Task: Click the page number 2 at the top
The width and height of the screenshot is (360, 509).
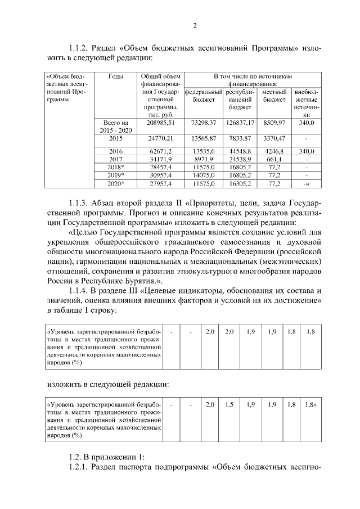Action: pyautogui.click(x=195, y=25)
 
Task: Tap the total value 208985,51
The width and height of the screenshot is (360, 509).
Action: pyautogui.click(x=161, y=122)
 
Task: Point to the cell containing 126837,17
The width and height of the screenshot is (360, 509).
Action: pyautogui.click(x=241, y=122)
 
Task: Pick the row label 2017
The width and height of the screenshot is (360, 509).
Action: pyautogui.click(x=116, y=159)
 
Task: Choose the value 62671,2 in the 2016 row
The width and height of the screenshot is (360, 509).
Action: pyautogui.click(x=161, y=151)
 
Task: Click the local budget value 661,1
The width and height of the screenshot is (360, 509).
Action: pyautogui.click(x=274, y=159)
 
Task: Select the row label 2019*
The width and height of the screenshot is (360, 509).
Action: pyautogui.click(x=116, y=175)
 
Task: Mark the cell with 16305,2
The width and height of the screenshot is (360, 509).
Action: pyautogui.click(x=241, y=183)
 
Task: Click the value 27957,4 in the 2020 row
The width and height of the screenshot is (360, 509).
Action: pyautogui.click(x=161, y=183)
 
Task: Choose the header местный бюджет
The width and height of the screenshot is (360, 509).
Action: pyautogui.click(x=275, y=96)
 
